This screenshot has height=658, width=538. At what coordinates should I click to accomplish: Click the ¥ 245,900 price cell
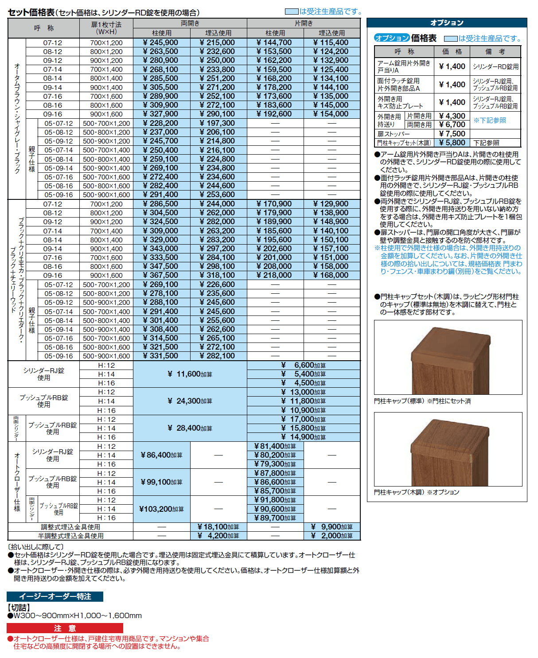tap(161, 43)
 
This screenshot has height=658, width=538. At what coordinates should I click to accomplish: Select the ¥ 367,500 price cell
tap(161, 275)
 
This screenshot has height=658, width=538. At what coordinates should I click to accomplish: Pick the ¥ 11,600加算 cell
tap(190, 374)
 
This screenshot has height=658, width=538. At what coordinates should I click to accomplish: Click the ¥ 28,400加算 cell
tap(190, 428)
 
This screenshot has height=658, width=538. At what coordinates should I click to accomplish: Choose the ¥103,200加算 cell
tap(161, 509)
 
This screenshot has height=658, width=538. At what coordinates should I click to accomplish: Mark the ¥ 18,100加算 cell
tap(218, 527)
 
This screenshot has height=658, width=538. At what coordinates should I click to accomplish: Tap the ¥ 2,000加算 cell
tap(332, 536)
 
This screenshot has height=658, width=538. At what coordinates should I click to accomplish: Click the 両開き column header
tap(190, 23)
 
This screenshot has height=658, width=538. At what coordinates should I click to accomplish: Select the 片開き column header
tap(304, 23)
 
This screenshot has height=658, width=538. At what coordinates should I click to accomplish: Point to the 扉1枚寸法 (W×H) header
tap(106, 28)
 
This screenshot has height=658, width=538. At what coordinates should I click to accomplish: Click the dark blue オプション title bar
tap(447, 23)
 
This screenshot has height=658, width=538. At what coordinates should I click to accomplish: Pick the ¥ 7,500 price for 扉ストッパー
tap(452, 134)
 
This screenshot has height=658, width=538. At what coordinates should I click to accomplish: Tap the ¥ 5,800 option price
tap(452, 143)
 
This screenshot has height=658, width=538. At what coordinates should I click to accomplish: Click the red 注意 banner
tap(65, 628)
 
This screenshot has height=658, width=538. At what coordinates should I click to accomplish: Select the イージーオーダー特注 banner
tap(55, 596)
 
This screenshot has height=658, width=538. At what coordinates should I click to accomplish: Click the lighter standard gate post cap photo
tap(448, 357)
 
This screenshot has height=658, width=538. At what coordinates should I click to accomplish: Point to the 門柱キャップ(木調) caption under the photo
tap(417, 492)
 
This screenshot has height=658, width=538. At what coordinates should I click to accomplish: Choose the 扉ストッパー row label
tap(394, 134)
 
